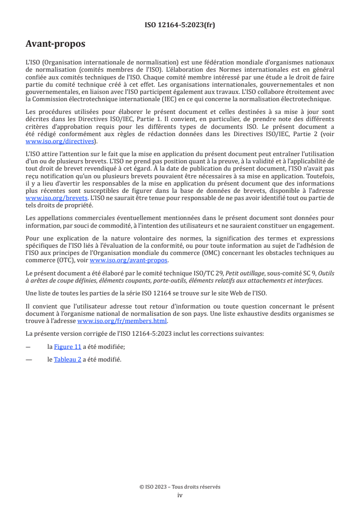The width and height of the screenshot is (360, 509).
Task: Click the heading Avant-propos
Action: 55,44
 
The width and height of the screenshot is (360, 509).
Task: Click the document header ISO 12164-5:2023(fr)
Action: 180,25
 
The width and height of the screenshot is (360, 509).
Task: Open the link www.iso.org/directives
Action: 61,142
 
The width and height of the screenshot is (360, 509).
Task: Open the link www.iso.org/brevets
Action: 56,198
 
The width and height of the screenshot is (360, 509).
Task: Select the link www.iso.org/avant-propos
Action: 129,260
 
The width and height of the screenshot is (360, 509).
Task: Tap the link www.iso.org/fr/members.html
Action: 123,321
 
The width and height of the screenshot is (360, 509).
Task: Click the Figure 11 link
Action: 68,347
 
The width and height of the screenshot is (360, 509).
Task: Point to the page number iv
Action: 180,495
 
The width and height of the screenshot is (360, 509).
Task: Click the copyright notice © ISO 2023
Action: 154,487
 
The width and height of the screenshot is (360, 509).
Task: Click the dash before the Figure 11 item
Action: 29,347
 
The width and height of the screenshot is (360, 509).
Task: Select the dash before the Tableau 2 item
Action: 30,360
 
